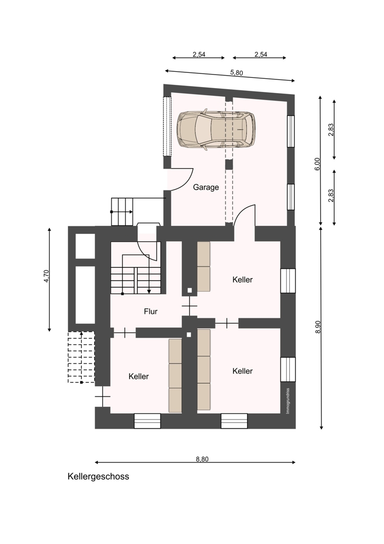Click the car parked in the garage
(216, 130)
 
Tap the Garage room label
(206, 187)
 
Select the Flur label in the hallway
(151, 311)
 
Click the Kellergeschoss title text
(98, 477)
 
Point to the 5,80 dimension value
(237, 73)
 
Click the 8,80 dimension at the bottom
(202, 459)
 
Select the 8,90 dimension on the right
(318, 327)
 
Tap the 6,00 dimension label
(318, 164)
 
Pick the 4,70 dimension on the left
(46, 276)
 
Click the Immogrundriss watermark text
(288, 400)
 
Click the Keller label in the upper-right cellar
(243, 279)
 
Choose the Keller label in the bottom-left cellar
(138, 376)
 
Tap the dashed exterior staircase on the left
(81, 357)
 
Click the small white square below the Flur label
(189, 335)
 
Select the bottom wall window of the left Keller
(147, 421)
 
